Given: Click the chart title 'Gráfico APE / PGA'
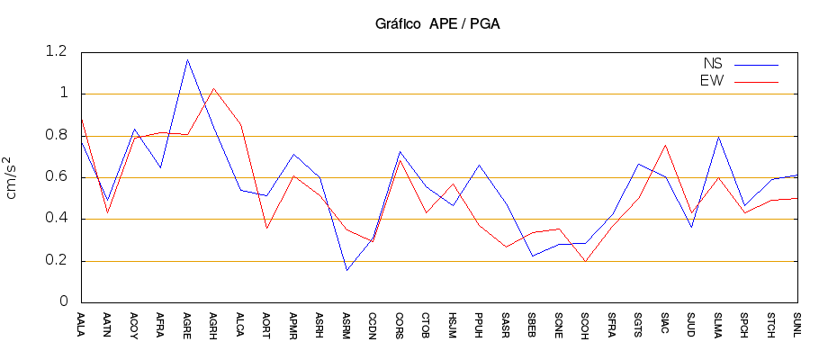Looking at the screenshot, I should pos(436,24).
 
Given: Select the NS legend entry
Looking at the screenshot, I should pos(712,64).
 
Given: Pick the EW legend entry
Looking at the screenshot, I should pos(712,81).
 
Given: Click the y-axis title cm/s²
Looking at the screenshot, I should pos(13,176).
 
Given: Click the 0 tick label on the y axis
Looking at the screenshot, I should pos(64,302).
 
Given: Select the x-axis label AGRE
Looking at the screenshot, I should pos(187,324).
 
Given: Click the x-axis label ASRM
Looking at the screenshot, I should pos(346,324).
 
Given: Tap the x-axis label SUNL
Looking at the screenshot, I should pos(797,324).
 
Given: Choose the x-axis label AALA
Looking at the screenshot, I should pos(81,324).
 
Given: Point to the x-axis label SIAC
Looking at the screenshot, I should pos(665,324).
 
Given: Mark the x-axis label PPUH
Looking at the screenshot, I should pos(479,324).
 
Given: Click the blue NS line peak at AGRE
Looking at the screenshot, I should pos(187,60).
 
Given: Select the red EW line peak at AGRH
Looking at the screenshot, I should pos(213,88).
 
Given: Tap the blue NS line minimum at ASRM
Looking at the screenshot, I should pos(346,270).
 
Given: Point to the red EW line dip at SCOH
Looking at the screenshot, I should pos(585,261).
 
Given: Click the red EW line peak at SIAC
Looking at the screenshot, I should pos(665,145).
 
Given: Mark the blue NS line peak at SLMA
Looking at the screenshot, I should pos(718,137).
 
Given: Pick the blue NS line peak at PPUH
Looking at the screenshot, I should pos(479,166).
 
